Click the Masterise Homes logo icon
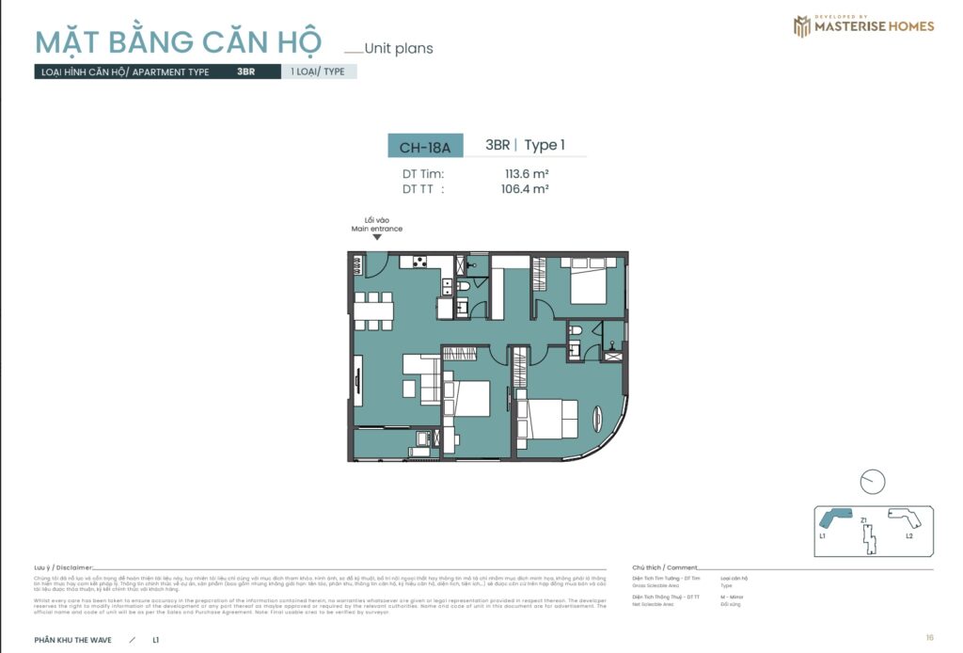tap(801, 26)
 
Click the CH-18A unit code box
tap(425, 147)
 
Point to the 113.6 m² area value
tap(527, 173)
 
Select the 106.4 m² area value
tap(527, 188)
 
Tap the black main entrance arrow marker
tap(377, 237)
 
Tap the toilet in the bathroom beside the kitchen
tap(463, 285)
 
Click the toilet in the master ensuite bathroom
tap(577, 331)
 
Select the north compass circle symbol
tap(873, 481)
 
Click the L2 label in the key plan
tap(909, 534)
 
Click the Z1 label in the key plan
tap(862, 519)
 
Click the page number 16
tap(929, 637)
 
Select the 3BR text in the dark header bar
tap(246, 72)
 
